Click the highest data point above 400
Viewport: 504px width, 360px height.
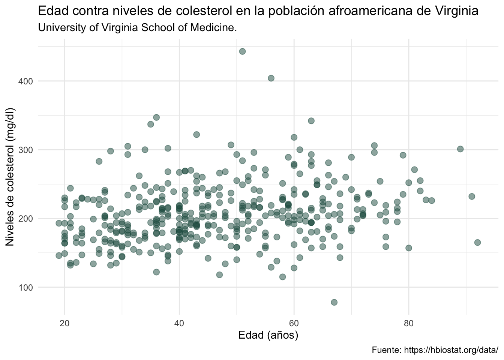pos(242,51)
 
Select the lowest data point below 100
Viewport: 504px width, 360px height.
pos(334,302)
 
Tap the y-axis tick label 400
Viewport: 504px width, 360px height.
pos(25,81)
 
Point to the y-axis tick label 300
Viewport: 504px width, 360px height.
pos(25,150)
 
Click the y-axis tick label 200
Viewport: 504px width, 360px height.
pos(25,219)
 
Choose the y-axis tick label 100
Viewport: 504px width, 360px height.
pos(25,288)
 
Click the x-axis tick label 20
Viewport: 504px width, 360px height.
pos(64,323)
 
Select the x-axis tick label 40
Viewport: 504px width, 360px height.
pos(179,323)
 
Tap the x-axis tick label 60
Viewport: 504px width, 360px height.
pos(294,323)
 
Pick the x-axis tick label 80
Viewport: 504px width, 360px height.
pos(409,323)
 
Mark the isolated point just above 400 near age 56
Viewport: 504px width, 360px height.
pos(271,78)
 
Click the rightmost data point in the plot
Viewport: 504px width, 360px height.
pos(477,243)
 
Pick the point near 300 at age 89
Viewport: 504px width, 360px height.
pos(460,149)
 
